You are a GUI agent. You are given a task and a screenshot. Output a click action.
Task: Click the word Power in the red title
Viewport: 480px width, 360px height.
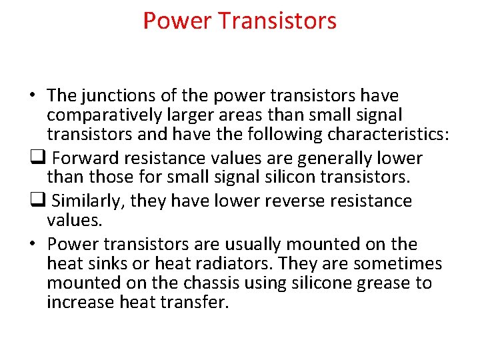coord(177,21)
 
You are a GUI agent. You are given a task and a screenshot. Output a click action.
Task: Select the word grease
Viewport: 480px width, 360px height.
coord(385,283)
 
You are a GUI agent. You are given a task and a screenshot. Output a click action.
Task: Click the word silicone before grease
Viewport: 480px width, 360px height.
coord(323,283)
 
